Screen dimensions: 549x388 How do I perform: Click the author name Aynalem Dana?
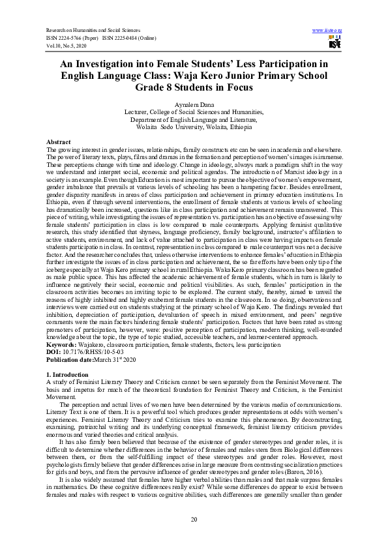pos(194,105)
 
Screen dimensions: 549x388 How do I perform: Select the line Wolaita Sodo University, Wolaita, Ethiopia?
pos(194,127)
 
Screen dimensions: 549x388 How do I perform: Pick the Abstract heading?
pos(59,141)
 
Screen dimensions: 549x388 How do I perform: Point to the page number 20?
pos(194,518)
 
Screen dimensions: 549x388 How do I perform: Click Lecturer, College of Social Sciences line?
pos(194,112)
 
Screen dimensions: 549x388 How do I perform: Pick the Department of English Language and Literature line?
pos(194,120)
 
